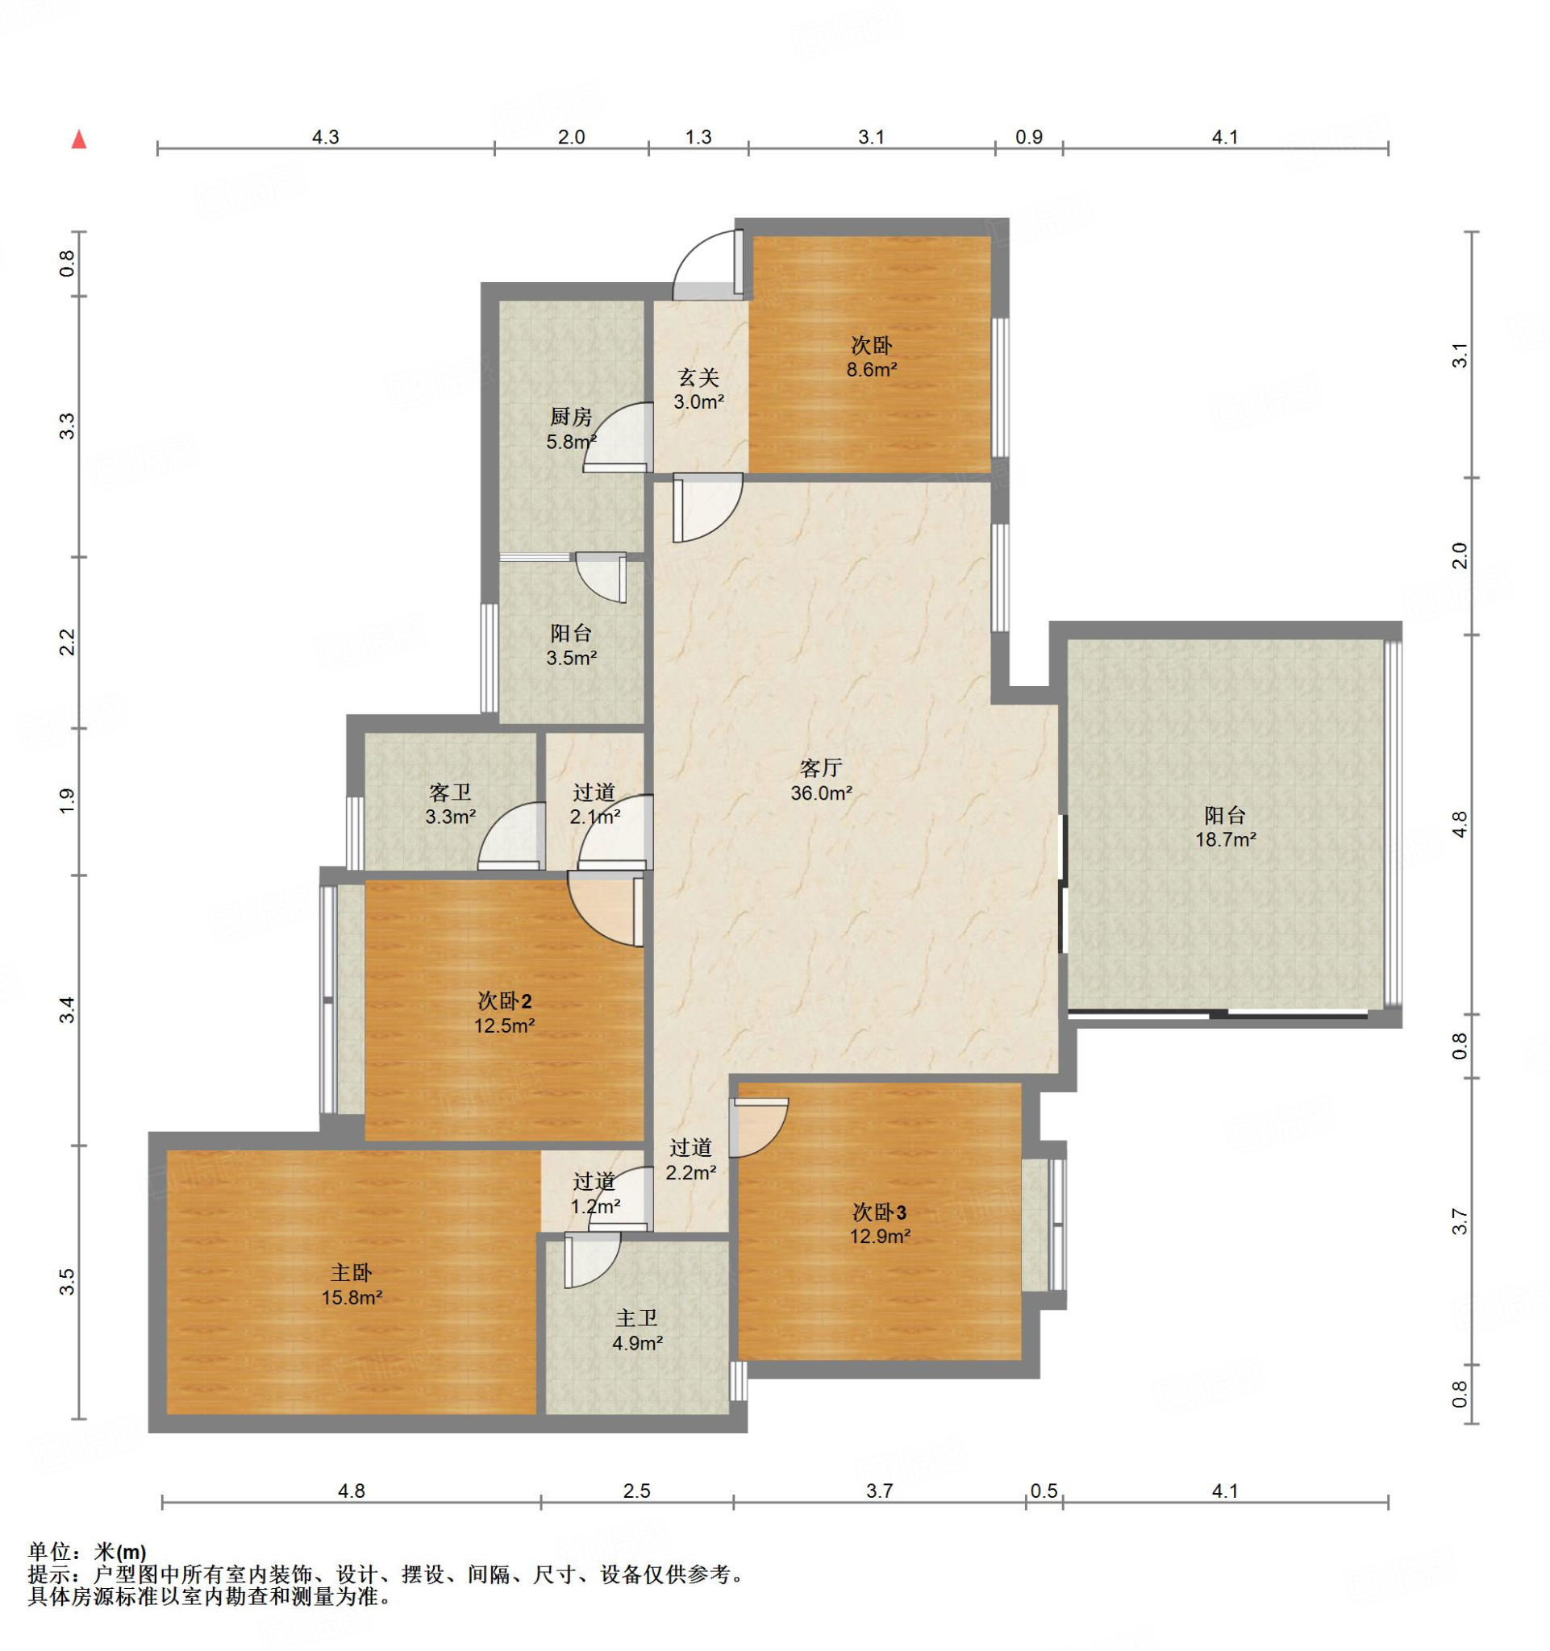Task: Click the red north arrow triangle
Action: coord(79,139)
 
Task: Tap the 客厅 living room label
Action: coord(821,767)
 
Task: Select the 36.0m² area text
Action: coord(821,793)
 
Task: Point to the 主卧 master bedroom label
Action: coord(352,1272)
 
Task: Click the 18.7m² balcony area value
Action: coord(1225,840)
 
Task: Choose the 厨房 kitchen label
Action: coord(571,417)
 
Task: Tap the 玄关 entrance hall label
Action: coord(698,378)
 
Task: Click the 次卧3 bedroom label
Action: coord(879,1212)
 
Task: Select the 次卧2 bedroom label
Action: coord(504,1001)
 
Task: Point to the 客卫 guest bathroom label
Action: coord(450,792)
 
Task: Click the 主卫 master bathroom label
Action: coord(637,1318)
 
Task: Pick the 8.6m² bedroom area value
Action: coord(871,370)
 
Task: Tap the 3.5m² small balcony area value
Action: coord(572,659)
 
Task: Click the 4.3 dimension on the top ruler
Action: coord(326,137)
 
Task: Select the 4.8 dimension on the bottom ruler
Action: coord(352,1491)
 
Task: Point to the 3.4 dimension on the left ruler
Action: coord(67,1010)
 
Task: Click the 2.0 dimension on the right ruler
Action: coord(1460,555)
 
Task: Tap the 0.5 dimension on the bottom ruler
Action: coord(1044,1491)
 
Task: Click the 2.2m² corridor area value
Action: coord(691,1173)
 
